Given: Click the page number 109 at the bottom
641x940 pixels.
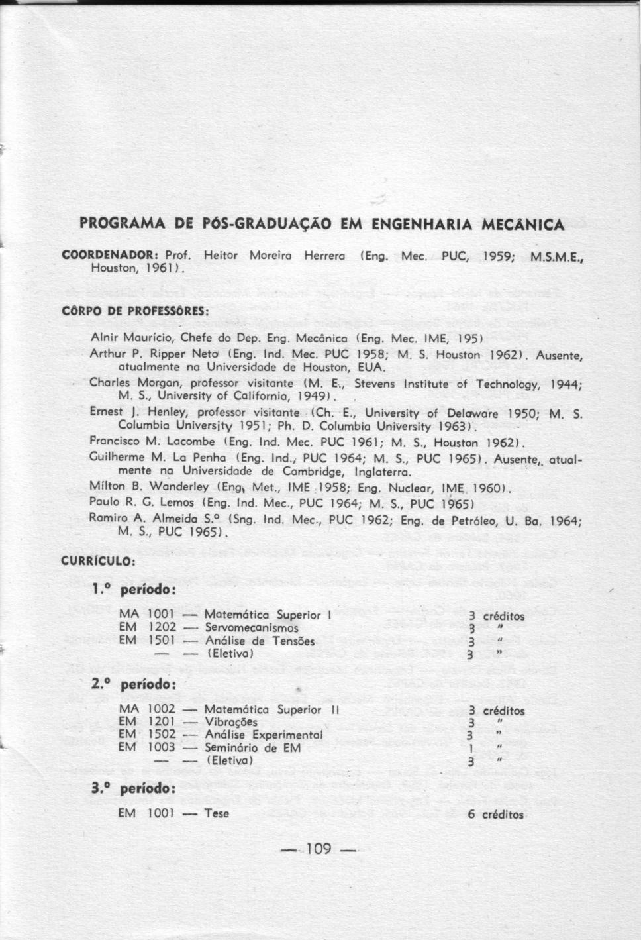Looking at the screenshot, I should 319,848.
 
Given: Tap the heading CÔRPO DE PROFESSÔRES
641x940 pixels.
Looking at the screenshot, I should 135,310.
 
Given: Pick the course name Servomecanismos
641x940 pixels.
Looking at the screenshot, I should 252,627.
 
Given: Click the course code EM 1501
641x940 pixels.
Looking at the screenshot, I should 147,640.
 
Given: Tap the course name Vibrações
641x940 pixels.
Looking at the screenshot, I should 231,722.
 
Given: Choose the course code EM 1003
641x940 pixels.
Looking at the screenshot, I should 147,747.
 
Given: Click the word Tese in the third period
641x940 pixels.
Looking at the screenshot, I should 217,813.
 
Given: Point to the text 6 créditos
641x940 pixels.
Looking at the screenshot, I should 495,814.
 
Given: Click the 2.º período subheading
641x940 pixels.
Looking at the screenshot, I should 134,682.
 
